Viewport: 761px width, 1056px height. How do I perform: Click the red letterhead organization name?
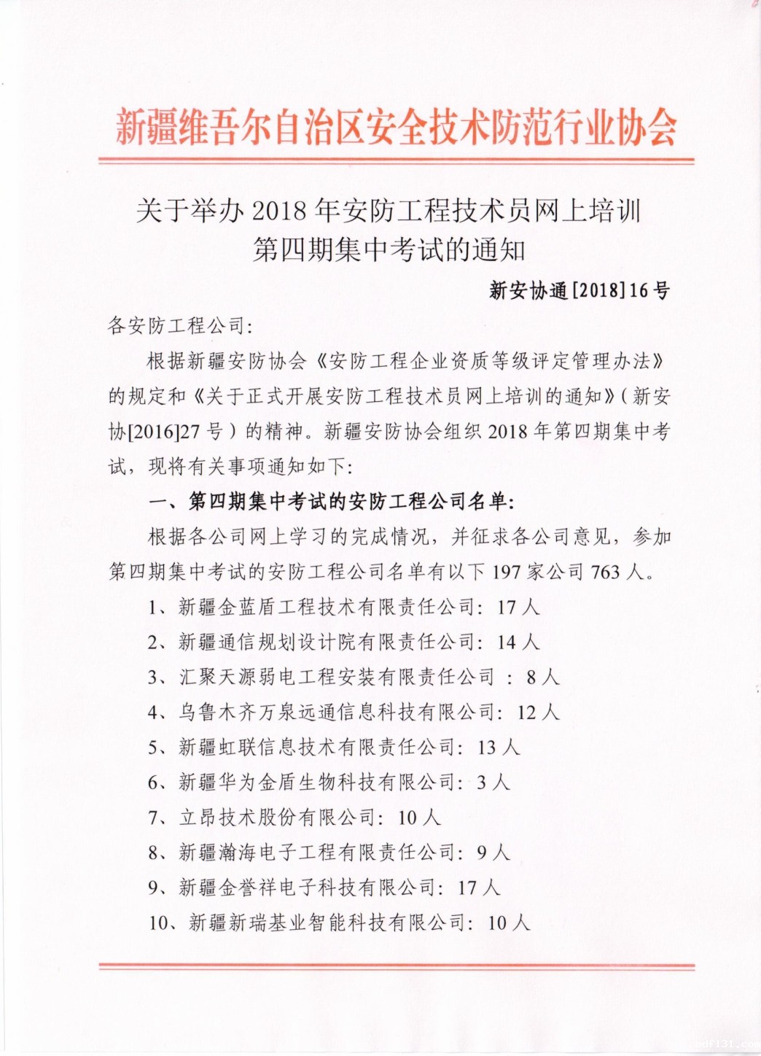pos(396,128)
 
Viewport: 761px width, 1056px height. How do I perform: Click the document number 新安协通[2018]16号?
pos(579,290)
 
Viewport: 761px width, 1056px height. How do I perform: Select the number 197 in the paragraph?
pos(507,572)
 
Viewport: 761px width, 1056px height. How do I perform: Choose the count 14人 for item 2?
pos(518,642)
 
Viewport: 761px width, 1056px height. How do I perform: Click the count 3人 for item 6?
pos(493,782)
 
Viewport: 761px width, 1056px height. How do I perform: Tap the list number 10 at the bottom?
pos(160,923)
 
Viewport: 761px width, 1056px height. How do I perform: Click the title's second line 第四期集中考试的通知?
pos(389,250)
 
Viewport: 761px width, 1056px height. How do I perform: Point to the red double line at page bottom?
pos(396,967)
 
